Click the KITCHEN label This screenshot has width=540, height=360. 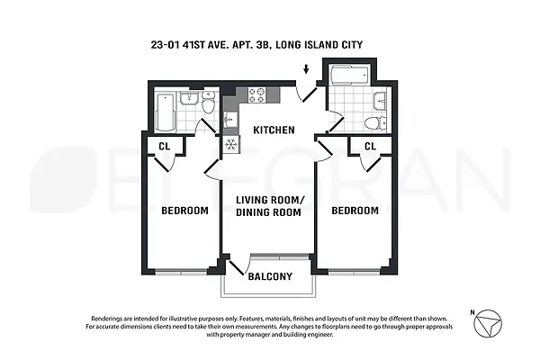274,130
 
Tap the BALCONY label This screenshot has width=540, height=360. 270,277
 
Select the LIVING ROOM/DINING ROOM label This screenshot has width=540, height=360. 270,206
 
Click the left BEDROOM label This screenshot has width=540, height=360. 184,211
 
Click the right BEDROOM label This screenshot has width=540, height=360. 355,211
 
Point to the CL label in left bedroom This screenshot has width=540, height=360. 165,147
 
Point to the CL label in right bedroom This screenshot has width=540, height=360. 370,147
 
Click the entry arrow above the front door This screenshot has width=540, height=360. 306,69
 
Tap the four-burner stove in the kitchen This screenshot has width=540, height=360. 255,94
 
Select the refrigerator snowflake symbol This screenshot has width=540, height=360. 230,144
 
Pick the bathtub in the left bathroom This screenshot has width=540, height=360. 165,112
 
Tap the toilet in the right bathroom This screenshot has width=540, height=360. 377,122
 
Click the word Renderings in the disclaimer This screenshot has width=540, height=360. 112,319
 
